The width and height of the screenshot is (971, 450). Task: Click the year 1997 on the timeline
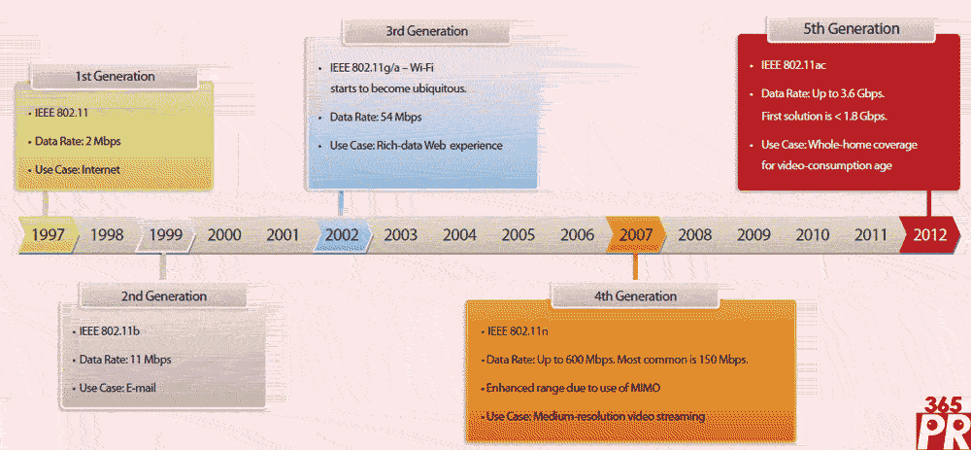[x=49, y=235]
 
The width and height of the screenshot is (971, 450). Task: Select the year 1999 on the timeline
[x=165, y=235]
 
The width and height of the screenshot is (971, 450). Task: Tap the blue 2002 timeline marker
[x=343, y=235]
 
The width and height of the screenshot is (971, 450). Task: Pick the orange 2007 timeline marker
[x=636, y=235]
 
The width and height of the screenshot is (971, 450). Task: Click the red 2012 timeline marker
[x=930, y=235]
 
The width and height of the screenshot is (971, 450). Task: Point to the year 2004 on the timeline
[x=459, y=235]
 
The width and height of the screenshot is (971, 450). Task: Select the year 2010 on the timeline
[x=813, y=235]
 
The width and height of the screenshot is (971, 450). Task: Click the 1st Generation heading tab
[x=115, y=77]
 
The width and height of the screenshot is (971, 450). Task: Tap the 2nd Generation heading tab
[x=163, y=296]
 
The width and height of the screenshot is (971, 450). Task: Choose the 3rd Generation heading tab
[x=426, y=31]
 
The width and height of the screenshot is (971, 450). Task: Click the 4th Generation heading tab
[x=635, y=296]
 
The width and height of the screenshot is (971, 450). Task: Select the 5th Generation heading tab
[x=852, y=28]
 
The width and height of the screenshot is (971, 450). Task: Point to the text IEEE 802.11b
[x=109, y=330]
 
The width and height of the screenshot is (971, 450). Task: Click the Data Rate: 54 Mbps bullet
[x=376, y=117]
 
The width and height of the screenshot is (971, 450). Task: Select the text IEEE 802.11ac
[x=793, y=65]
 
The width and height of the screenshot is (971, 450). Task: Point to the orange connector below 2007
[x=635, y=268]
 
